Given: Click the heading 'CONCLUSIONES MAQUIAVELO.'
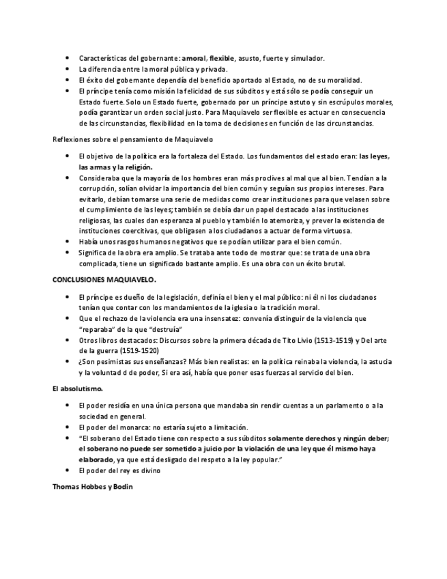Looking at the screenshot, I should pyautogui.click(x=104, y=280).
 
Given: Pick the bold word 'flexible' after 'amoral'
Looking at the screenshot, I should pyautogui.click(x=223, y=58).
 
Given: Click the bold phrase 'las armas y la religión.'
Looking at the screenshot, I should pyautogui.click(x=115, y=167).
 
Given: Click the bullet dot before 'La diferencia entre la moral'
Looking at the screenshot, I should pyautogui.click(x=67, y=69).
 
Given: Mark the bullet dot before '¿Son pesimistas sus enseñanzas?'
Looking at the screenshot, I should pyautogui.click(x=67, y=361).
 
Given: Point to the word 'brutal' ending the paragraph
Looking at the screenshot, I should pyautogui.click(x=334, y=264).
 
